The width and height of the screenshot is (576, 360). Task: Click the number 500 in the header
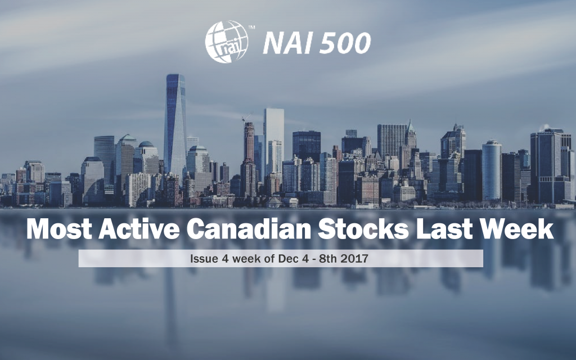click(x=345, y=43)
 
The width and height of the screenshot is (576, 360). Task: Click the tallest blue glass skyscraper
click(x=175, y=124)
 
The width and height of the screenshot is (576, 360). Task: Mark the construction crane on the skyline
click(x=246, y=119)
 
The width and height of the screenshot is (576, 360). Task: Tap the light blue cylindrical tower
click(x=492, y=169)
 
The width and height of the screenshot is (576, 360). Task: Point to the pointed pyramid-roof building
click(x=411, y=135)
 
